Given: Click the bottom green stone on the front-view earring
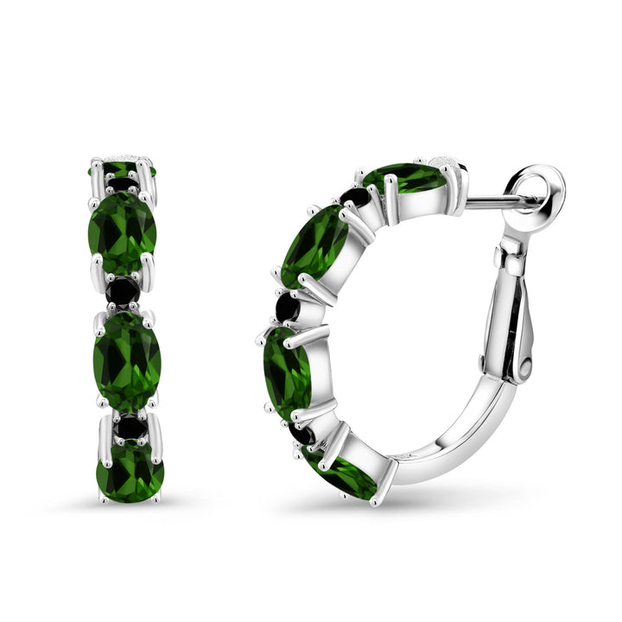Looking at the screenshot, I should coord(130,472).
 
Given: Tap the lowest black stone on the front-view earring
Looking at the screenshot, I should coord(130,426).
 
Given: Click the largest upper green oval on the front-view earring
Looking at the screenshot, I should coord(123,231).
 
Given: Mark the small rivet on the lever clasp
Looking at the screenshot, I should coord(524,366).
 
